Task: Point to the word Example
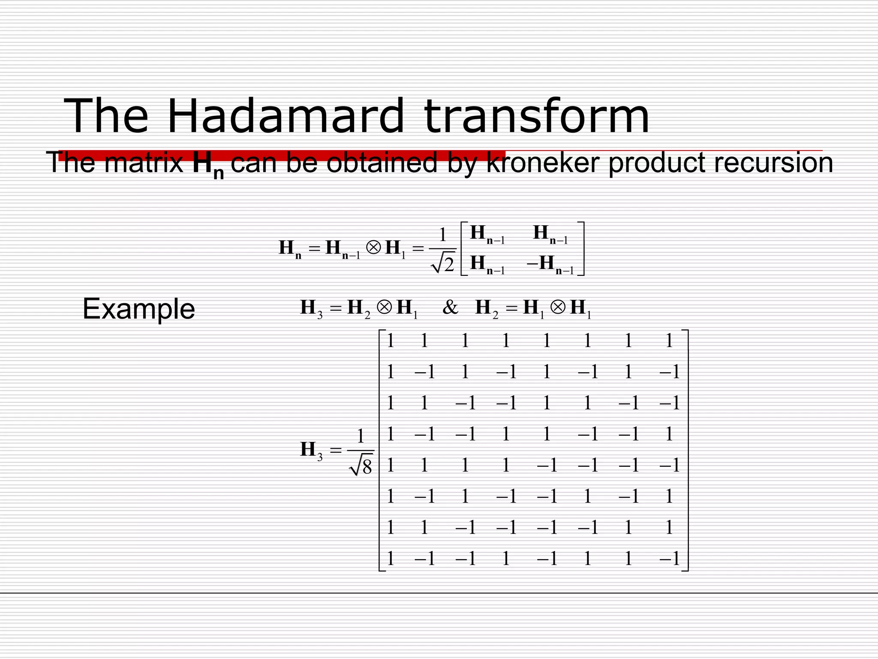tap(138, 309)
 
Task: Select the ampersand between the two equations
tap(450, 307)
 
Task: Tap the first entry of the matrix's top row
tap(390, 341)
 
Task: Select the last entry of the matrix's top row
tap(669, 341)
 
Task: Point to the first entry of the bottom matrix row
tap(390, 559)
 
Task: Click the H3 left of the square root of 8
tap(311, 450)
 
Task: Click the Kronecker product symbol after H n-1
tap(373, 248)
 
